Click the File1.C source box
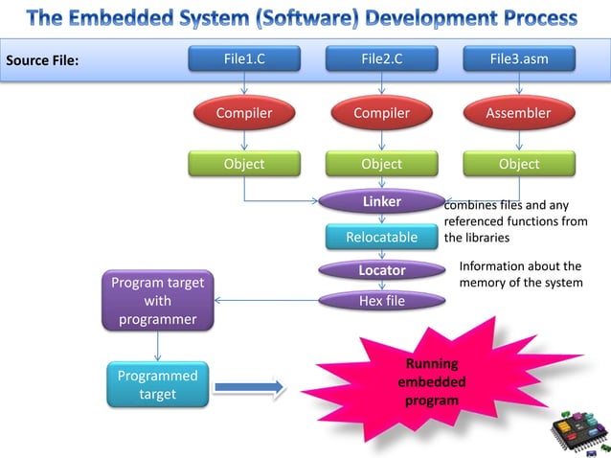coord(244,59)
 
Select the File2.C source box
coord(381,59)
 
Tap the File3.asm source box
coord(519,59)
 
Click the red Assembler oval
coord(519,113)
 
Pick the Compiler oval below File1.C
coord(244,113)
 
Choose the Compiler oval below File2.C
coord(381,113)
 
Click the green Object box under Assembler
coord(519,164)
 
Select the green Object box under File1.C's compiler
coord(244,164)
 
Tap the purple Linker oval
coord(381,202)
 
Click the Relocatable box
coord(381,237)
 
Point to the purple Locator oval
coord(381,270)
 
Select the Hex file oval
coord(381,301)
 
